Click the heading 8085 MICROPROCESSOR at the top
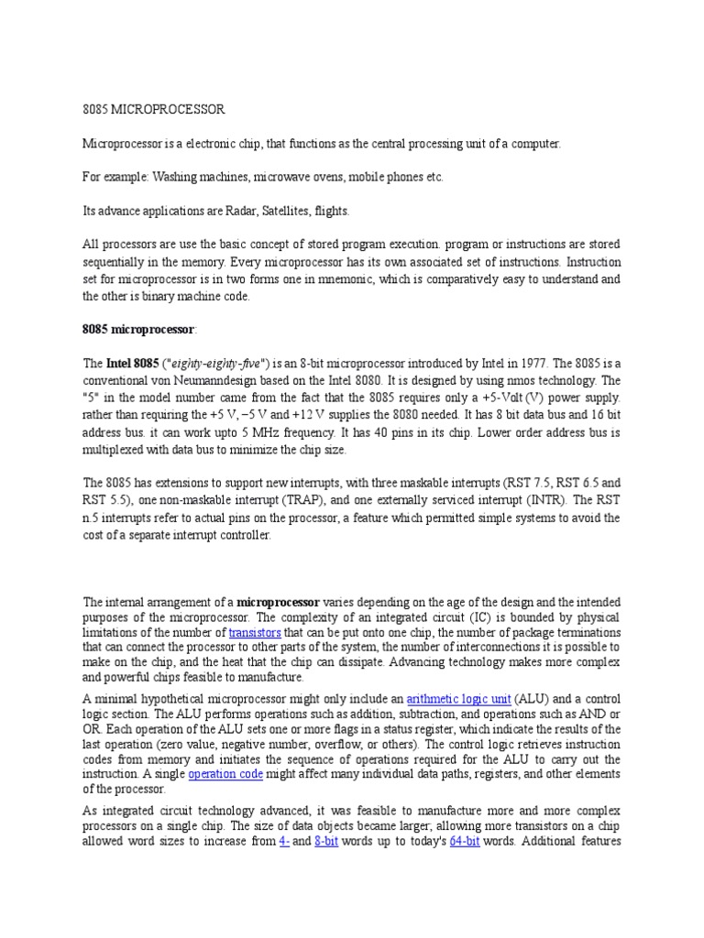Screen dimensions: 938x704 click(153, 109)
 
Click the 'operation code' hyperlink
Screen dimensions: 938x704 click(225, 774)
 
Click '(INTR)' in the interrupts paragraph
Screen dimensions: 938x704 click(541, 502)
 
